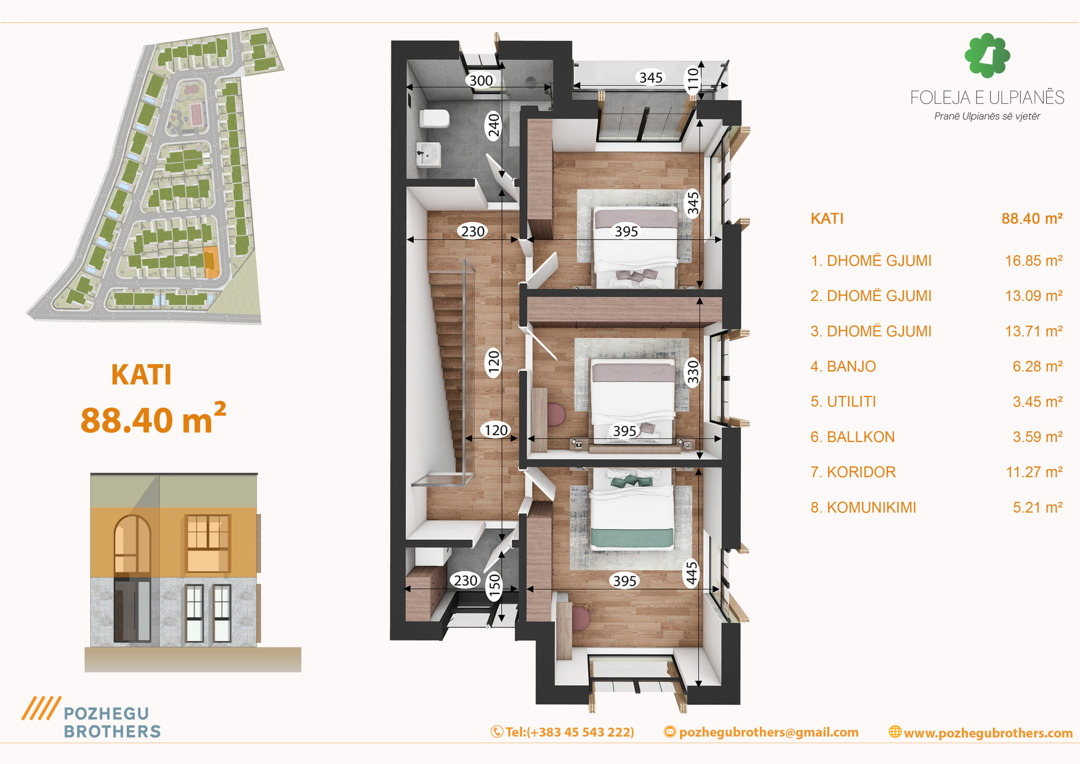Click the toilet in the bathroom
[x=434, y=119]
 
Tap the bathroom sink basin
[x=429, y=154]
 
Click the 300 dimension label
[x=481, y=81]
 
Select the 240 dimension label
[x=494, y=125]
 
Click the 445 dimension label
[x=691, y=573]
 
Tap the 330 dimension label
[x=693, y=372]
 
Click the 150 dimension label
[x=494, y=585]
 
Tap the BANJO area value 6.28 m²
[x=1037, y=366]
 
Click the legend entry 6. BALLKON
[x=852, y=437]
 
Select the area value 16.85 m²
[x=1034, y=260]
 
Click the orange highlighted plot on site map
[x=211, y=262]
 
